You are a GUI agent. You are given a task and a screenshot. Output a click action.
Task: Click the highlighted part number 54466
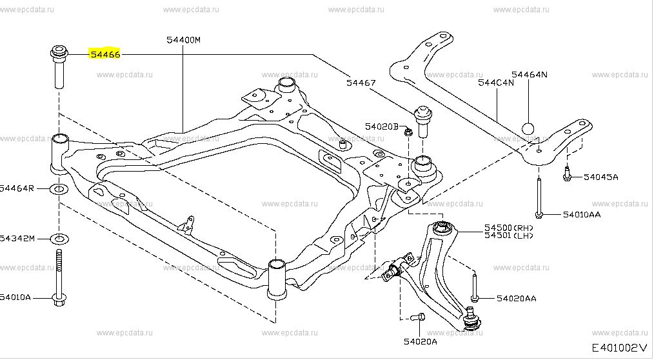tap(104, 55)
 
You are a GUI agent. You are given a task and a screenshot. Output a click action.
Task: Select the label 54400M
tap(183, 40)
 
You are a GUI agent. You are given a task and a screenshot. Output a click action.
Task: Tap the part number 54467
tap(361, 82)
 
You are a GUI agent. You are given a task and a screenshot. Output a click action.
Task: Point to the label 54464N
tap(530, 74)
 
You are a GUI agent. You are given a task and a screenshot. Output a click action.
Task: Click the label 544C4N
tap(496, 83)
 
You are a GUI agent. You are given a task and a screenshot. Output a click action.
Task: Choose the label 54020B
tap(381, 126)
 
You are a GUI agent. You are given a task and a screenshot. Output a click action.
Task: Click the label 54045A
tap(600, 176)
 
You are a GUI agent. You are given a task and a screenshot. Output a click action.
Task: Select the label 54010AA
tap(581, 214)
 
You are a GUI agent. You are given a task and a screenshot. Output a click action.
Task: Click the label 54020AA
tap(516, 299)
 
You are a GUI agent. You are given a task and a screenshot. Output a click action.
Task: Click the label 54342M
tap(17, 239)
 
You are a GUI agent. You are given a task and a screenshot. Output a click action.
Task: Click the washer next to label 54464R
tap(59, 189)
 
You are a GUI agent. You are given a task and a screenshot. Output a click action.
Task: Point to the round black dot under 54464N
tap(528, 128)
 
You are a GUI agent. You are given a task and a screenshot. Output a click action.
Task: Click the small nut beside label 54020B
tap(408, 133)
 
